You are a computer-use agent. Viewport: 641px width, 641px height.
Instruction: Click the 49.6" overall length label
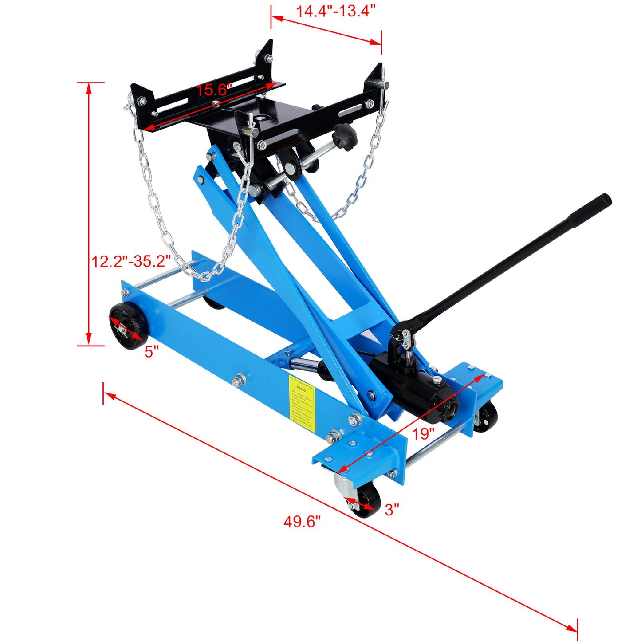coord(302,521)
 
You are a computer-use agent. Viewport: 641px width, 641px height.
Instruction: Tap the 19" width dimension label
coord(423,434)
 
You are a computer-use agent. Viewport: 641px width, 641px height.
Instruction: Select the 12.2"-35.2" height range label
coord(131,261)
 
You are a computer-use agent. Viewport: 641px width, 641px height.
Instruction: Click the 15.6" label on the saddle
coord(214,90)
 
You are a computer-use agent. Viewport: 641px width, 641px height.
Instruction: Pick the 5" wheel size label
coord(151,352)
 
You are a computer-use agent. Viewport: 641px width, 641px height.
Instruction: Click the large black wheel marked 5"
coord(129,326)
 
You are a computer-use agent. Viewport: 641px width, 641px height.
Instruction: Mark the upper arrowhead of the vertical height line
coord(89,88)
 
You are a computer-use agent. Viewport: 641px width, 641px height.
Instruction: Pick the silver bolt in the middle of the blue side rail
coord(240,380)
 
